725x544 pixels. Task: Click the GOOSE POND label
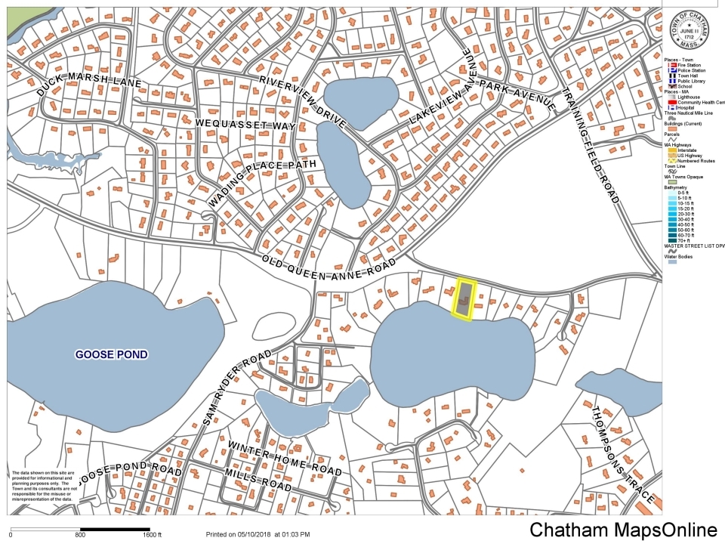111,354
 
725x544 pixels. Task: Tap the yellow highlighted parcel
464,299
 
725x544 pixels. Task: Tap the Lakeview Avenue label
441,89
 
